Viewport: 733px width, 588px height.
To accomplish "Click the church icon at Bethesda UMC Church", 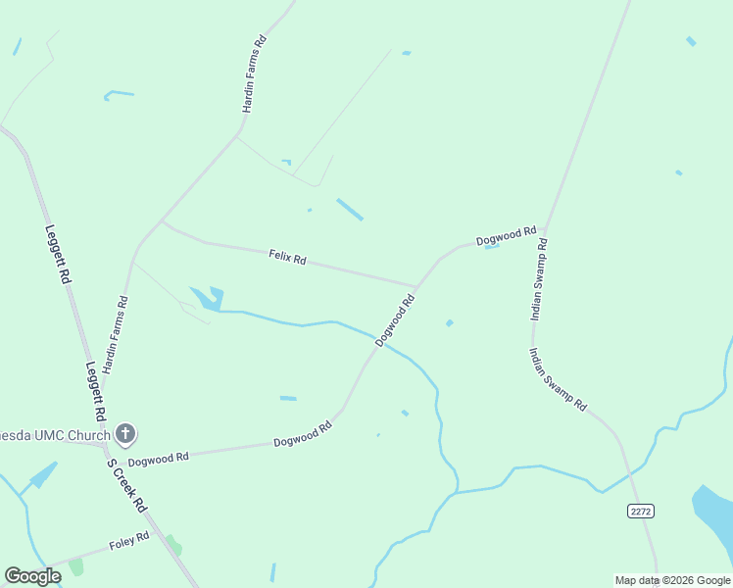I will click(x=124, y=432).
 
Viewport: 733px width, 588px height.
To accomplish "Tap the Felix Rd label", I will click(x=288, y=259).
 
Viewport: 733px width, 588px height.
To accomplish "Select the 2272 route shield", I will click(x=640, y=511).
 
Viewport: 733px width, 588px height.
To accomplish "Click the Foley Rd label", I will click(x=129, y=539).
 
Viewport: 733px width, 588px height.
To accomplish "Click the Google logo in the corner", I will click(x=32, y=576).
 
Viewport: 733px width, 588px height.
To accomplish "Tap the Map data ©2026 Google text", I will click(x=672, y=580).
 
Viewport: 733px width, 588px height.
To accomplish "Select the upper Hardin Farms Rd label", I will click(x=254, y=74).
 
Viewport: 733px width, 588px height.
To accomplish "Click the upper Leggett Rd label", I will click(x=58, y=254).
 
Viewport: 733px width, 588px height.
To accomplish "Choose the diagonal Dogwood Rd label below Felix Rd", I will click(x=396, y=320).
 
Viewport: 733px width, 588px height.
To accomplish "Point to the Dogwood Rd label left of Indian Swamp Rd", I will click(x=506, y=236).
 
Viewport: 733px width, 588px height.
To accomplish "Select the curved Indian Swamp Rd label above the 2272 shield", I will click(x=558, y=379).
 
